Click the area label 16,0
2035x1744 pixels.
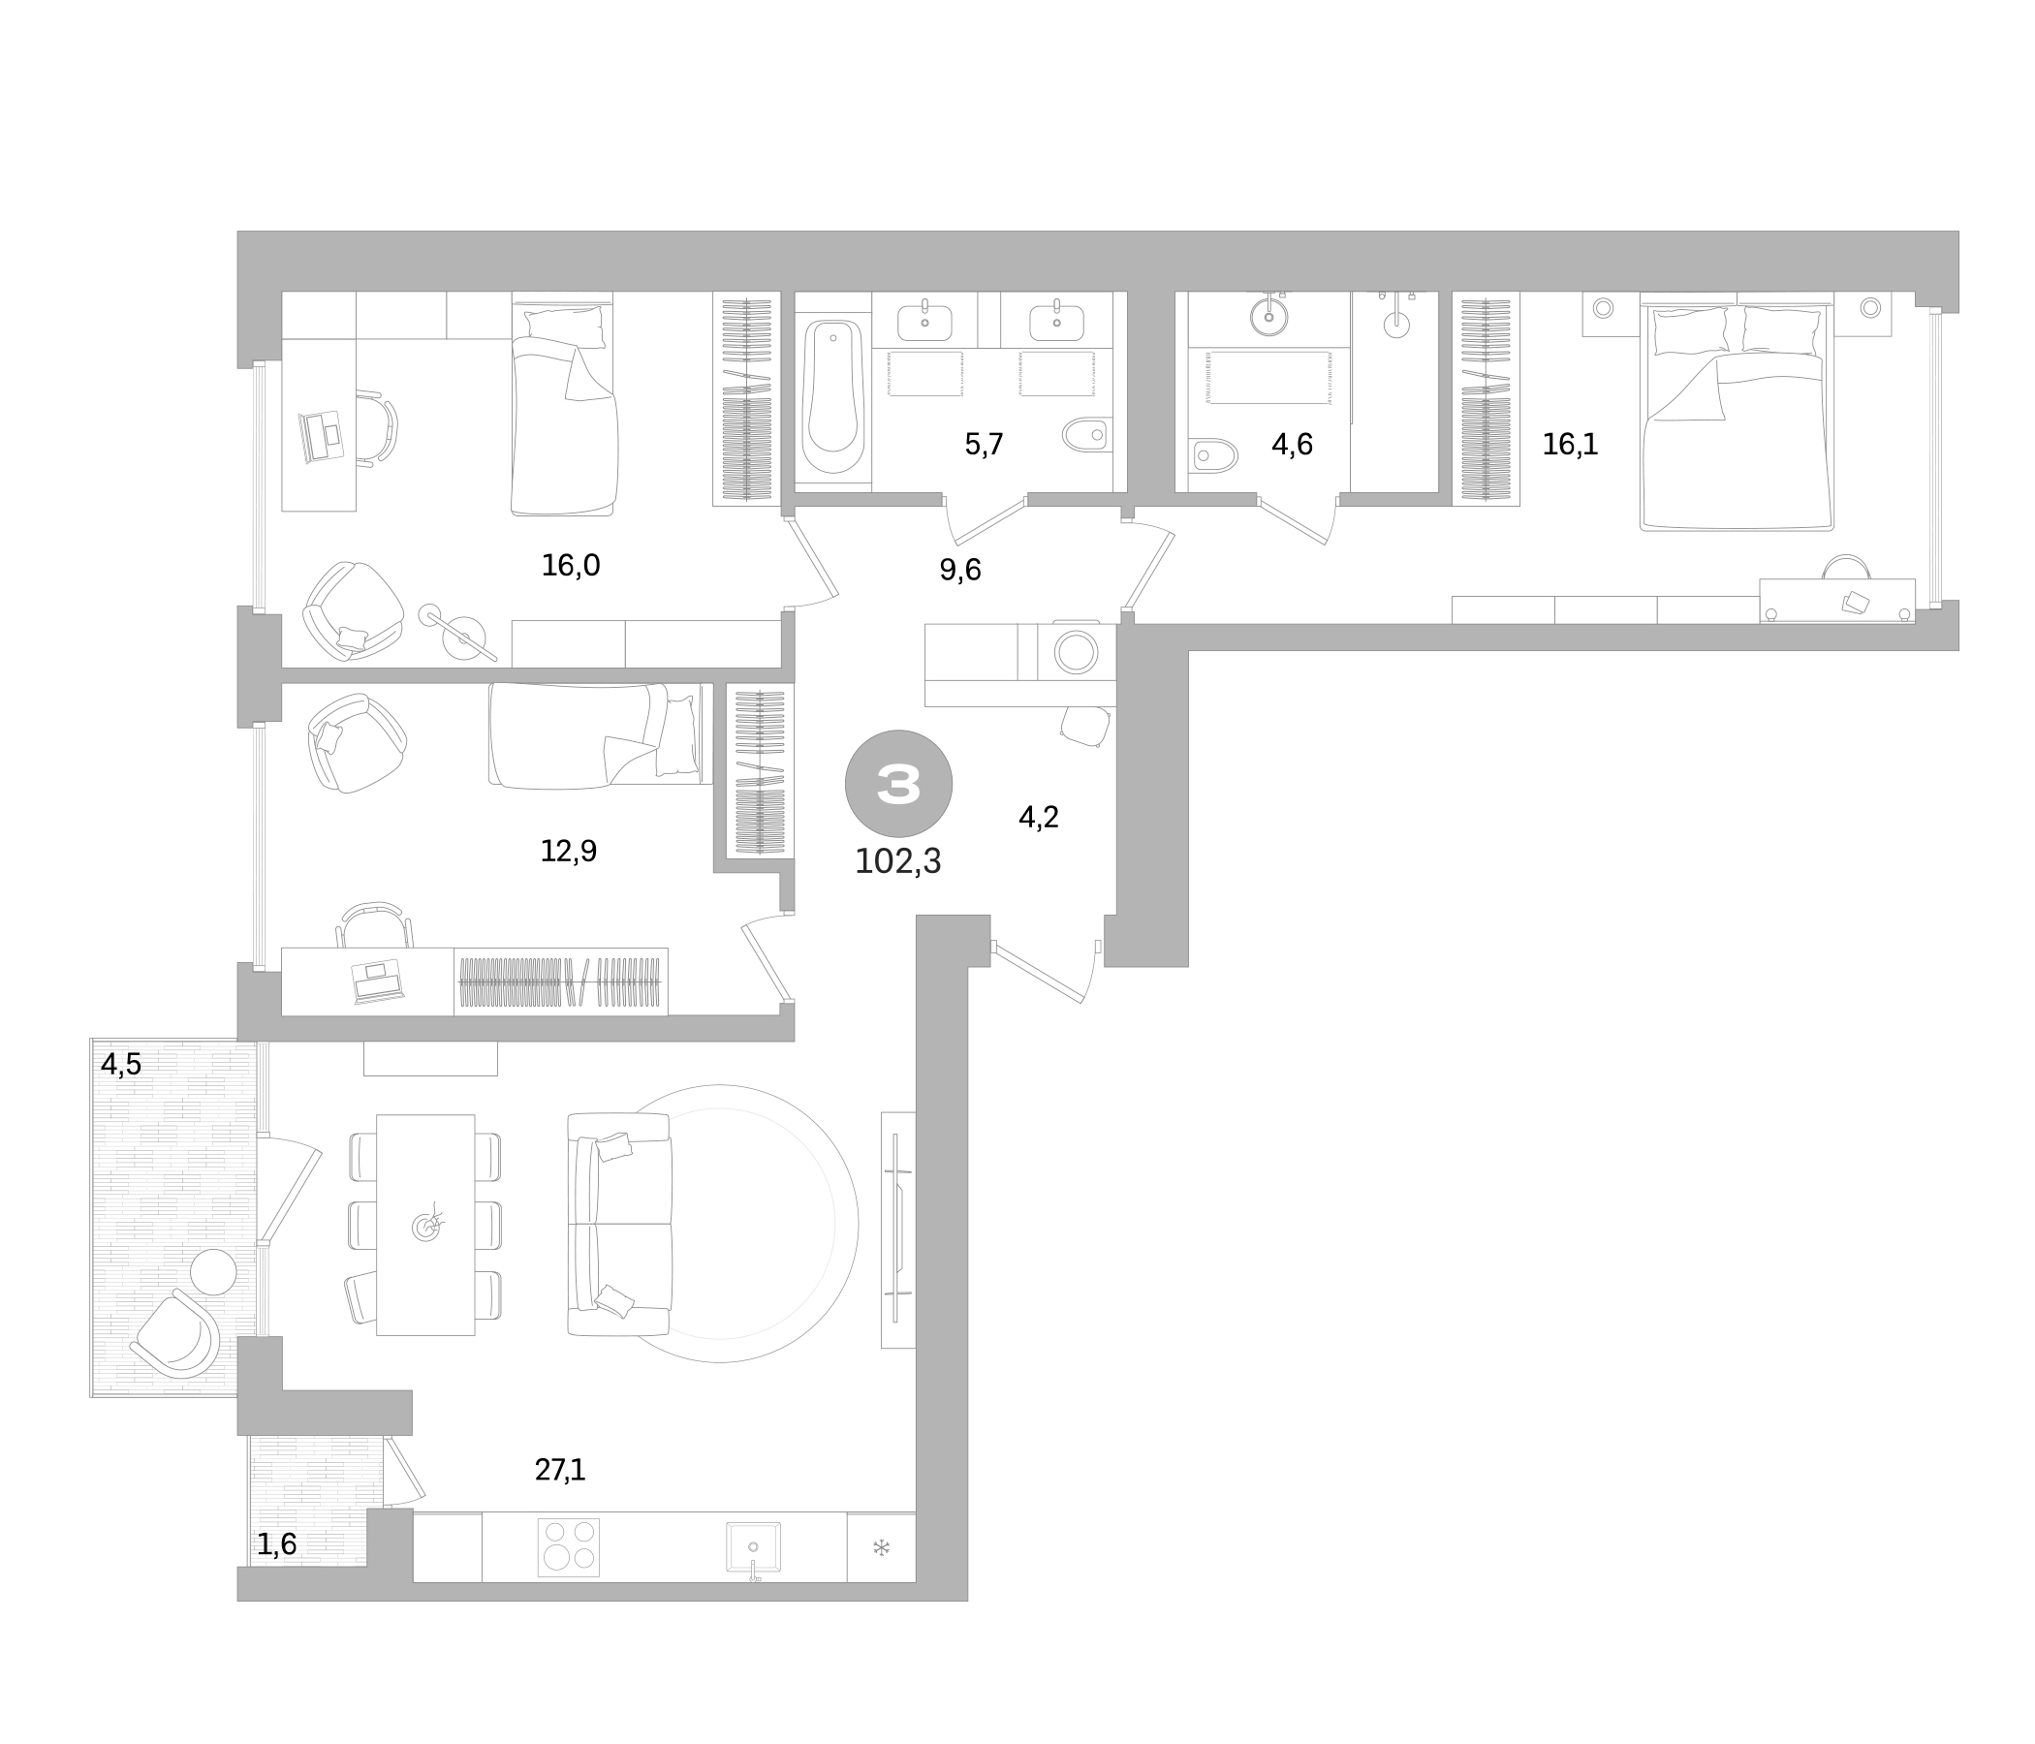pyautogui.click(x=571, y=566)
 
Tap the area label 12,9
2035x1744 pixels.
pyautogui.click(x=569, y=852)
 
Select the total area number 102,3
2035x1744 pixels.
pyautogui.click(x=897, y=861)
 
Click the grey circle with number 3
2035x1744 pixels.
pyautogui.click(x=897, y=783)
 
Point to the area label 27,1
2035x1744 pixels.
pyautogui.click(x=560, y=1470)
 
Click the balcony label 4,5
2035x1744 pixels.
pyautogui.click(x=122, y=1065)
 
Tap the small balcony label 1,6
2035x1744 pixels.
pyautogui.click(x=277, y=1545)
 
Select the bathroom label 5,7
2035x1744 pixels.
pyautogui.click(x=985, y=445)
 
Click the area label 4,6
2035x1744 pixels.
pyautogui.click(x=1292, y=445)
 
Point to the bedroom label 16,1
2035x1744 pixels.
pyautogui.click(x=1570, y=445)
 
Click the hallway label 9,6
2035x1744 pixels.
pyautogui.click(x=959, y=570)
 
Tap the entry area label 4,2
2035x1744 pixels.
pyautogui.click(x=1038, y=817)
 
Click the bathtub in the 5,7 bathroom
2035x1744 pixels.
pyautogui.click(x=832, y=398)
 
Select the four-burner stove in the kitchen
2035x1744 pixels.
pyautogui.click(x=569, y=1547)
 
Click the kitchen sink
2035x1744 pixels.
pyautogui.click(x=753, y=1547)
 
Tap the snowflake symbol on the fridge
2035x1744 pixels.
pyautogui.click(x=881, y=1548)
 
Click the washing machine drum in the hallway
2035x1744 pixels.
pyautogui.click(x=1076, y=652)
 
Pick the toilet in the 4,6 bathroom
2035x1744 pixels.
pyautogui.click(x=1213, y=455)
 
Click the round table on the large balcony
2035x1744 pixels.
pyautogui.click(x=213, y=1273)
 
